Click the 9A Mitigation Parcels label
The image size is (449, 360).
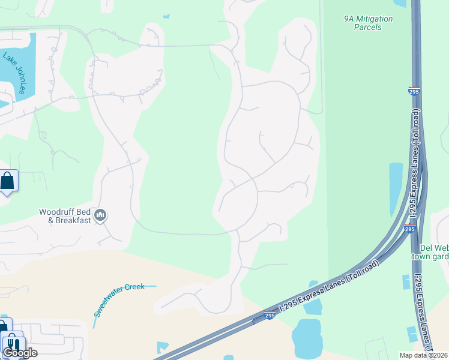pos(368,23)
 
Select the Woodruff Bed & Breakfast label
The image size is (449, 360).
pos(65,215)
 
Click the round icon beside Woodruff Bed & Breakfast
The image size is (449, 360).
pos(101,215)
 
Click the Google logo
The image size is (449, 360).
pos(20,353)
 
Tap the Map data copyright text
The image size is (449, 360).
pos(424,355)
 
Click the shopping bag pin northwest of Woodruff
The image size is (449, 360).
pos(7,180)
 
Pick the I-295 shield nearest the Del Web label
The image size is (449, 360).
pos(409,229)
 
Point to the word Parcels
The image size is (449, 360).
pos(368,27)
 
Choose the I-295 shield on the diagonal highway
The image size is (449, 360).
pos(271,314)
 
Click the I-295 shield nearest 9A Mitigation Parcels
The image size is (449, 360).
pos(414,91)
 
